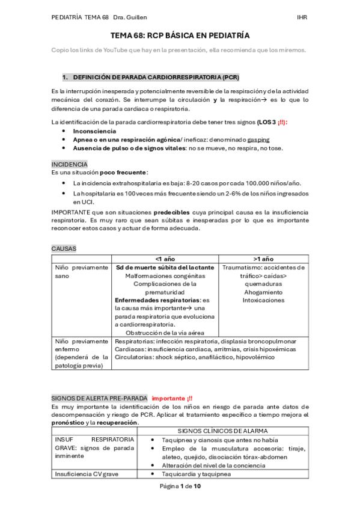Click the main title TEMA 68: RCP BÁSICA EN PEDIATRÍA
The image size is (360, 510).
pyautogui.click(x=180, y=36)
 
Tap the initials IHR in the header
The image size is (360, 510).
pyautogui.click(x=302, y=17)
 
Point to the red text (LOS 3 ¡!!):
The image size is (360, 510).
pyautogui.click(x=272, y=122)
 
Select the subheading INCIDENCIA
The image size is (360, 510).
pyautogui.click(x=69, y=164)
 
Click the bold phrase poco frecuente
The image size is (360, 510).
pyautogui.click(x=123, y=173)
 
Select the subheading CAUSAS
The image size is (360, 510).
pyautogui.click(x=64, y=248)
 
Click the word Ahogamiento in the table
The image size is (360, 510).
pyautogui.click(x=263, y=292)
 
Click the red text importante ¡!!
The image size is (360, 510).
pyautogui.click(x=172, y=398)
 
